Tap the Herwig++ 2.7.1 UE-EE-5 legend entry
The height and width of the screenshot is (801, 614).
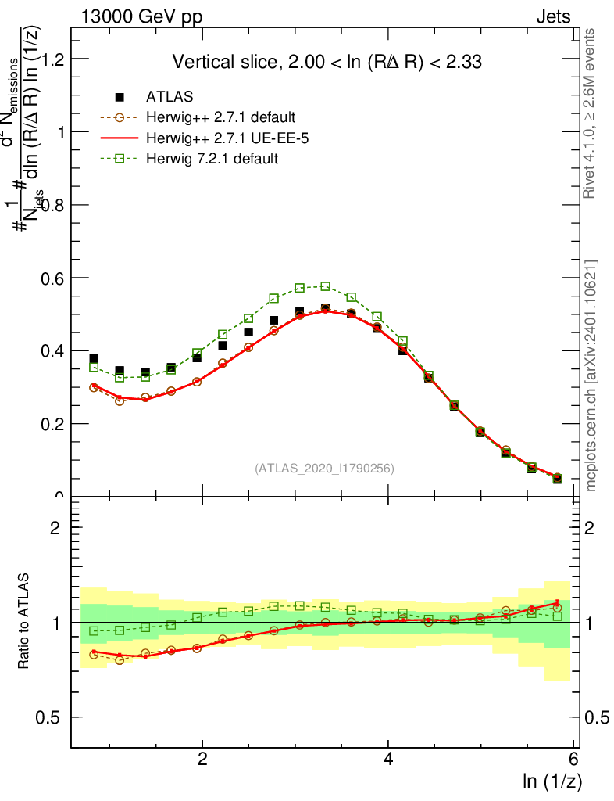(220, 138)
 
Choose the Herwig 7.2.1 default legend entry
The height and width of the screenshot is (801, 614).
(212, 159)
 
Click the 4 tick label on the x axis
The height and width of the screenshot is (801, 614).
(388, 760)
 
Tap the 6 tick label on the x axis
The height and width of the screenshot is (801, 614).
(573, 760)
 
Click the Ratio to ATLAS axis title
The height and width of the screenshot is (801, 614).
(25, 622)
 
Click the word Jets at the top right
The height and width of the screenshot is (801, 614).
(553, 17)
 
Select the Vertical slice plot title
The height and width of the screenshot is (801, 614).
(332, 62)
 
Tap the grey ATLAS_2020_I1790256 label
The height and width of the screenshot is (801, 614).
(324, 469)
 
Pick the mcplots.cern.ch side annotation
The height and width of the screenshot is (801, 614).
(591, 375)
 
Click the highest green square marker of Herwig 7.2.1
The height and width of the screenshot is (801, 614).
(326, 286)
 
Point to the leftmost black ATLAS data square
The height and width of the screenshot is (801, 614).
(94, 359)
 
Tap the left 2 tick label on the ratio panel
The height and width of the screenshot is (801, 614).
(56, 527)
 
